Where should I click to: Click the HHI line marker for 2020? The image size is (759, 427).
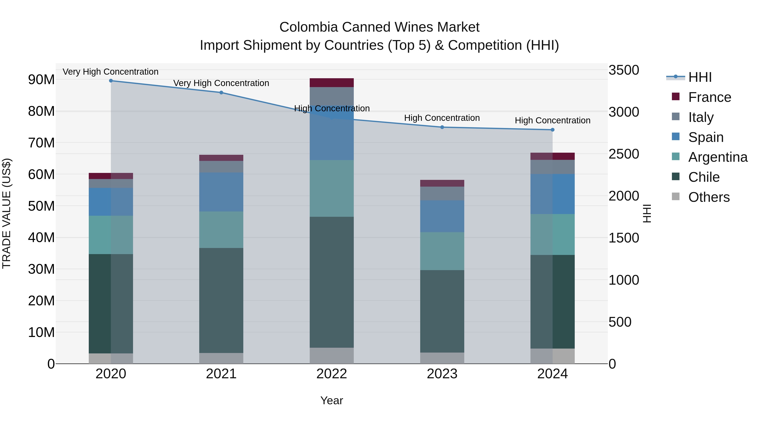point(111,81)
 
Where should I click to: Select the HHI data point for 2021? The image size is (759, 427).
point(221,93)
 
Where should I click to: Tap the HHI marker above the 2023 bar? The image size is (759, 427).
point(442,127)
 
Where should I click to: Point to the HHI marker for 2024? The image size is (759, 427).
point(552,130)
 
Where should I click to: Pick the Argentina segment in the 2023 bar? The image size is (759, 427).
point(442,251)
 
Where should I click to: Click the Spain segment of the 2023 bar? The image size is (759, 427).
point(442,216)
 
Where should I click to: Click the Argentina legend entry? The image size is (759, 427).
point(717,157)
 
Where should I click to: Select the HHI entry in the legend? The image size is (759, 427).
point(700,77)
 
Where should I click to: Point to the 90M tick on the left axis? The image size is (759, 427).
point(41,79)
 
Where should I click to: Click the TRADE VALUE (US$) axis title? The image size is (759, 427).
point(7,213)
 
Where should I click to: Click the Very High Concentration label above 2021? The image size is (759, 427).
point(221,83)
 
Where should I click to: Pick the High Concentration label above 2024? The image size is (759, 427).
point(552,121)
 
